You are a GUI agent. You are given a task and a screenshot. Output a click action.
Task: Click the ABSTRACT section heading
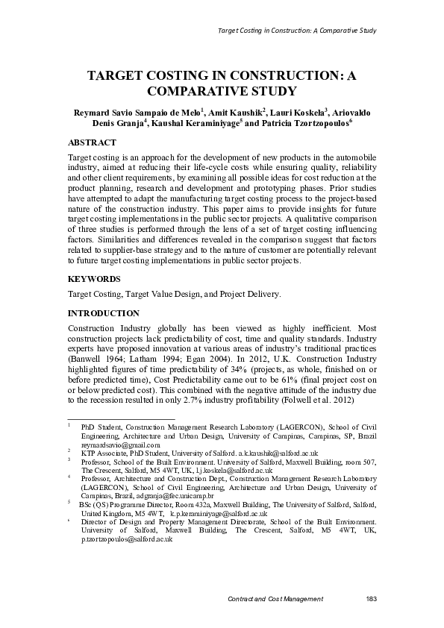(x=92, y=142)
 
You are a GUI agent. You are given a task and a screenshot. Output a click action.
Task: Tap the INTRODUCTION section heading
(x=104, y=313)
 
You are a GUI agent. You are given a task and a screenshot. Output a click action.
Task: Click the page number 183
(x=371, y=599)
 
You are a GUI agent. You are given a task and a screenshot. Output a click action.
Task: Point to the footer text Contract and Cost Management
(x=275, y=599)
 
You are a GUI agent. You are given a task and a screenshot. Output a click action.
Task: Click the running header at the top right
(x=296, y=31)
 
